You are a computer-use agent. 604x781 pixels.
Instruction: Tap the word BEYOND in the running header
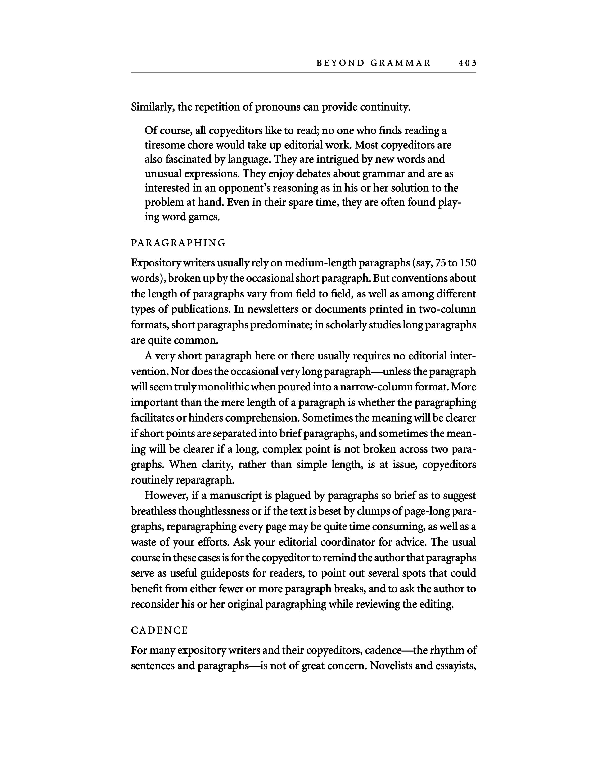point(340,63)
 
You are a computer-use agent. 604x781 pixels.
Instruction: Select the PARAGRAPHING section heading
point(178,243)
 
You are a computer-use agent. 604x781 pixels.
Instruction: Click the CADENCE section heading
point(159,630)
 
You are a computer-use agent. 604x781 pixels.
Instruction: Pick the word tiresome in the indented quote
point(166,145)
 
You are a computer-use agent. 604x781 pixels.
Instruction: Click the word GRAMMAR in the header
point(401,63)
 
